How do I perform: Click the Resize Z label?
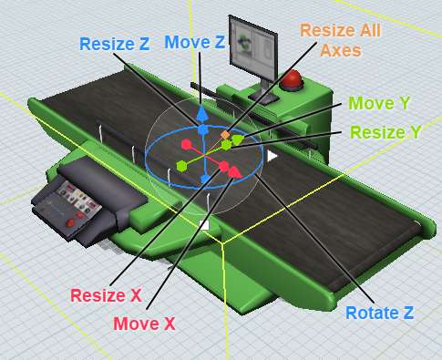(x=114, y=44)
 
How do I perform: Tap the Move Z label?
(x=195, y=42)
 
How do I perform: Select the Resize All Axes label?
(x=340, y=40)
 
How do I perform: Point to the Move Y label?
(x=379, y=103)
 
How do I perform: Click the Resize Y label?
(x=385, y=132)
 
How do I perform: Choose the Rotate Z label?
(x=380, y=313)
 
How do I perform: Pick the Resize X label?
(x=106, y=295)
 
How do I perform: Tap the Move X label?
(x=145, y=324)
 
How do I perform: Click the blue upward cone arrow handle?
(x=201, y=114)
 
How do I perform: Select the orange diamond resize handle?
(x=225, y=134)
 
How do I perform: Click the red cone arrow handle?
(x=234, y=172)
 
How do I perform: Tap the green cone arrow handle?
(x=238, y=139)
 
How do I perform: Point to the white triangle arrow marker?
(x=272, y=156)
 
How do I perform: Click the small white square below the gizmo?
(x=204, y=225)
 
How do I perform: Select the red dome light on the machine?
(x=292, y=79)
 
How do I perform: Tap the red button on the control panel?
(x=70, y=222)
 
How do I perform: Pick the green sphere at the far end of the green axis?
(x=181, y=166)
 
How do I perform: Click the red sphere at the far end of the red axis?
(x=186, y=144)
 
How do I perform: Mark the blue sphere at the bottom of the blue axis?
(x=206, y=179)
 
